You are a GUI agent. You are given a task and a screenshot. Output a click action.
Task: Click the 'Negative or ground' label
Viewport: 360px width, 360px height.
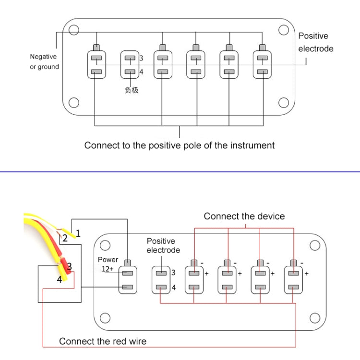tap(44, 62)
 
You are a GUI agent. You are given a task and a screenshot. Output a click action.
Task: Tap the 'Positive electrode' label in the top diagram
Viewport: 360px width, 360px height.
tap(315, 42)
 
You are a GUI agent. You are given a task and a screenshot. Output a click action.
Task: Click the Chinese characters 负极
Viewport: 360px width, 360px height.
tap(132, 90)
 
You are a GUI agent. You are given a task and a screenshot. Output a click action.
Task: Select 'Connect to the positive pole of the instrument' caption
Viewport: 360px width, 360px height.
tap(180, 145)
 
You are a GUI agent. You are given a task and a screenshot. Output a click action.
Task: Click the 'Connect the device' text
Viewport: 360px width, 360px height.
tap(244, 216)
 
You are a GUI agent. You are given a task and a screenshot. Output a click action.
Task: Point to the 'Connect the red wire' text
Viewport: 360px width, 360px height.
tap(103, 341)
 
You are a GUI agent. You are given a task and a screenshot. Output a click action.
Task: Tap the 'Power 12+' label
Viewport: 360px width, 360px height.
tap(108, 264)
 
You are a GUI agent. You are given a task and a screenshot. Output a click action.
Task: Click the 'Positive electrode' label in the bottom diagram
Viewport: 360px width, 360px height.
tap(163, 245)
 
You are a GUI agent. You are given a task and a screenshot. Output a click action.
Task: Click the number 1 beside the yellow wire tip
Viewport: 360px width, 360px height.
tap(78, 233)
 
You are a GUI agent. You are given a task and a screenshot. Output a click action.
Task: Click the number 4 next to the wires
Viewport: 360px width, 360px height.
tap(60, 279)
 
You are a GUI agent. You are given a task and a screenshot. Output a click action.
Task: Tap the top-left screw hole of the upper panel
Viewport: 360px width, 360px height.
tap(73, 30)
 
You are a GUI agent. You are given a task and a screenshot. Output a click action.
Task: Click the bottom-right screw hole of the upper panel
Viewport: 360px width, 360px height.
tap(284, 103)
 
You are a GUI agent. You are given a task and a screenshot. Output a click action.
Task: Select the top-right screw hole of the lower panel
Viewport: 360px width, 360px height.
tap(314, 246)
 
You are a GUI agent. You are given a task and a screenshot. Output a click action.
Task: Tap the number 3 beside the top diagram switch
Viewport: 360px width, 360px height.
tap(141, 58)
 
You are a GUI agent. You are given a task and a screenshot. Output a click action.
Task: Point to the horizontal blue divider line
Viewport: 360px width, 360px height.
tap(180, 171)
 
